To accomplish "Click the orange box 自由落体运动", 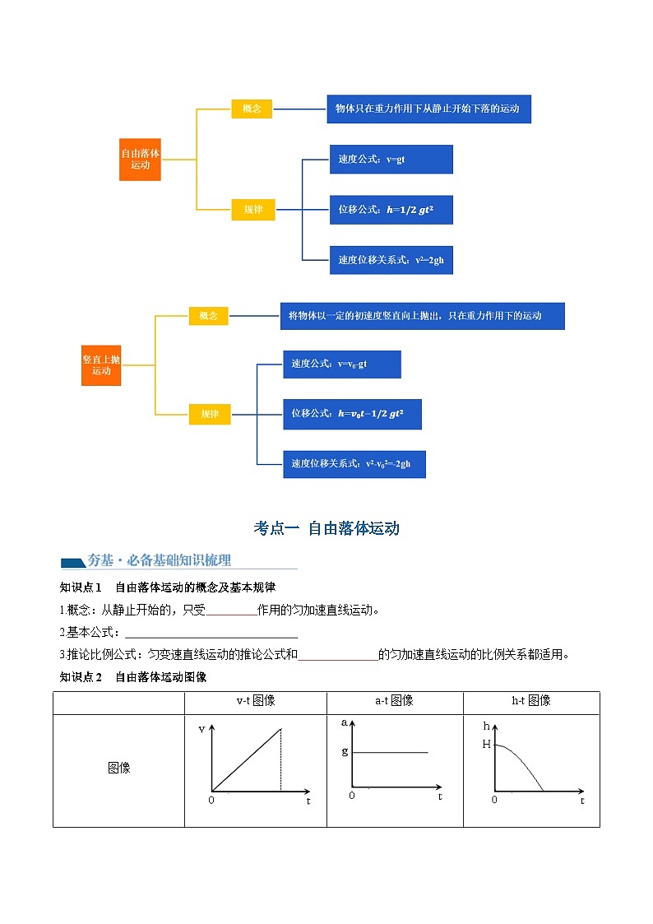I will [x=140, y=159].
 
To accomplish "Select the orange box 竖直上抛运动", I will [x=101, y=365].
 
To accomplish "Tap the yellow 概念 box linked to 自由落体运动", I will [x=252, y=109].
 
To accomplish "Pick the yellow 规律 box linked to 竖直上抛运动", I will [x=210, y=414].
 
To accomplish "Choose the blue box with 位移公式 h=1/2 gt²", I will [x=391, y=210].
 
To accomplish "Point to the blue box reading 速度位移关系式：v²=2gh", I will [x=391, y=260].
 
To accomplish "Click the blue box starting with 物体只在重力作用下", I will [x=428, y=109].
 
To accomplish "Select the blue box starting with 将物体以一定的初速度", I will [x=422, y=316].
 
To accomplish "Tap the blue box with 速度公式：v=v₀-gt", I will [x=342, y=364].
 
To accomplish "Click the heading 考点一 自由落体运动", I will [x=326, y=528].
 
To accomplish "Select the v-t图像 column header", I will [x=255, y=701].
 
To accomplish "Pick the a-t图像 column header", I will [x=394, y=701].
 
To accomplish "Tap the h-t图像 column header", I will [x=530, y=701].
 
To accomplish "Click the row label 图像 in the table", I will [x=118, y=768].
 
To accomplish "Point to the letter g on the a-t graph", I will [x=345, y=751].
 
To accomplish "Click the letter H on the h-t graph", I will [x=486, y=744].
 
